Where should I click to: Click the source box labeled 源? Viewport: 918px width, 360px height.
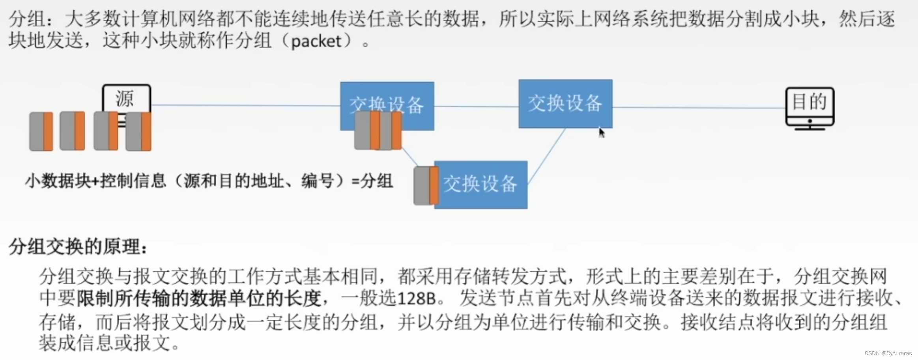(x=126, y=98)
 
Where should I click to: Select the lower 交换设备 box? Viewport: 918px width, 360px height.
(x=481, y=185)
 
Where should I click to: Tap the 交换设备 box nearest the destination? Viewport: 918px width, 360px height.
(x=565, y=103)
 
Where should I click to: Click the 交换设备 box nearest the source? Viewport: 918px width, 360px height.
(x=387, y=99)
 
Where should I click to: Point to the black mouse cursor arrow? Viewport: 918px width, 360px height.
(x=601, y=132)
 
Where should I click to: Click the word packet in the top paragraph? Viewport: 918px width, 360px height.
(x=316, y=41)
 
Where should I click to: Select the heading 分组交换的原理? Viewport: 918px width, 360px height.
(x=78, y=247)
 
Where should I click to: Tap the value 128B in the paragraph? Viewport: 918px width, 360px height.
(x=416, y=298)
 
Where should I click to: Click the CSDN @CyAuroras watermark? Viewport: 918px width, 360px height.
(x=888, y=353)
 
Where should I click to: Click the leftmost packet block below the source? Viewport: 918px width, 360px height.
(x=41, y=131)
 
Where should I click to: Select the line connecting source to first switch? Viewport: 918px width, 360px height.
(x=245, y=105)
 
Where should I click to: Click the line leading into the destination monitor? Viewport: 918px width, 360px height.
(x=698, y=107)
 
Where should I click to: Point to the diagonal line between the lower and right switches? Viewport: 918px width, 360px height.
(x=546, y=156)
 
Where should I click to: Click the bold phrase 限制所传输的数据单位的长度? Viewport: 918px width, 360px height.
(x=198, y=298)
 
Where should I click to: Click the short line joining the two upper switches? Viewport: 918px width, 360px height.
(x=476, y=106)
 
